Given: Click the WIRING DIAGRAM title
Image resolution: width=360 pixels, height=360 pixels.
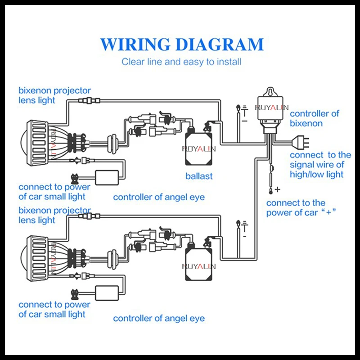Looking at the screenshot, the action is point(182,44).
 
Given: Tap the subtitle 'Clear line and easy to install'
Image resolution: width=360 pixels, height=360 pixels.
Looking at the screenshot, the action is point(181,62).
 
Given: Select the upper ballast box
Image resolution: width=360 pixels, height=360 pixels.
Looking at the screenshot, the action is point(198,149).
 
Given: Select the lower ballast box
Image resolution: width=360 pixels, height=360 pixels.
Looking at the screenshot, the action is point(198,265).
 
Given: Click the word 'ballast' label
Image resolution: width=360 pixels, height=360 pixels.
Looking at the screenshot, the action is point(199,176).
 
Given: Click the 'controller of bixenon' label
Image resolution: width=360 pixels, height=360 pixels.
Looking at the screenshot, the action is point(314,118).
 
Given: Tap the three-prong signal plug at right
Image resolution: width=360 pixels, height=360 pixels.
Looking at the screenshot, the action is point(300,142).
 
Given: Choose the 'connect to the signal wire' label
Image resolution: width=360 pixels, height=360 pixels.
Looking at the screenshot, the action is point(320,165).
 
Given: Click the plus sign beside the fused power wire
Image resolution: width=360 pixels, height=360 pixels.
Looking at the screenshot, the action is point(278,189).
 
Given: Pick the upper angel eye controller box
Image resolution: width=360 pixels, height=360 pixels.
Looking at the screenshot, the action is point(107,177).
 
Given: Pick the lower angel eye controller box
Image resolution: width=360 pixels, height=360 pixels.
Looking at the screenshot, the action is point(107,293).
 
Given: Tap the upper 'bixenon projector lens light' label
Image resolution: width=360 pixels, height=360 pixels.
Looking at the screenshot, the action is point(54,95).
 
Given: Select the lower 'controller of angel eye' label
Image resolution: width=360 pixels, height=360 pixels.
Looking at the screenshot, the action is point(159,318).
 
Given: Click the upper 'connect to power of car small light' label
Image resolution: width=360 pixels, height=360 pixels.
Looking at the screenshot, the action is point(54,192).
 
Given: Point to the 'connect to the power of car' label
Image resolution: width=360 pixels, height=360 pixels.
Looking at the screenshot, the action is point(301,208).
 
